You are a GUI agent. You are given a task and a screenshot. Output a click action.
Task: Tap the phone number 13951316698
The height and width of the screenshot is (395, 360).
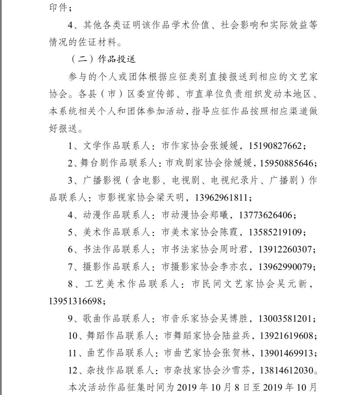tap(75, 302)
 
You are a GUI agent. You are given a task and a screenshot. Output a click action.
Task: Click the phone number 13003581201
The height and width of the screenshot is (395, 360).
tap(285, 318)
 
